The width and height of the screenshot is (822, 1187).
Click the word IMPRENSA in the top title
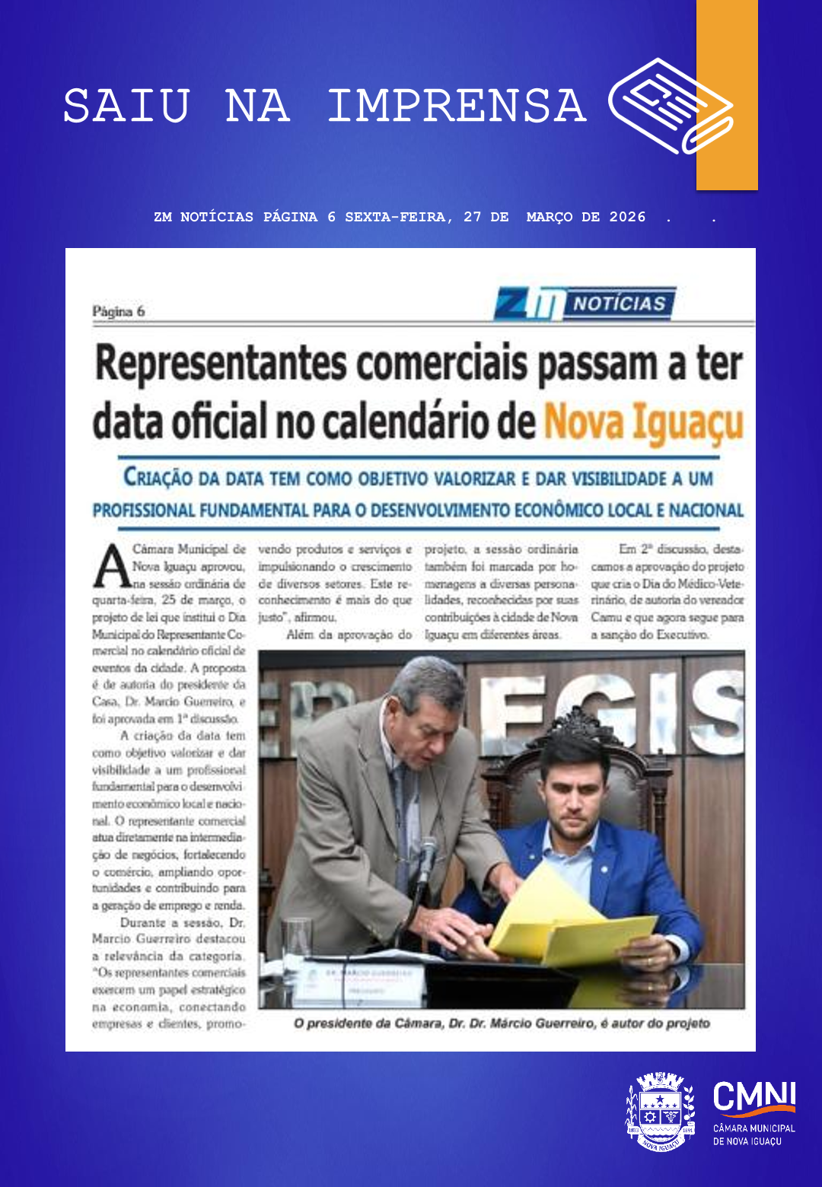[x=457, y=106]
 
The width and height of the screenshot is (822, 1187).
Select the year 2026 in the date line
[x=627, y=217]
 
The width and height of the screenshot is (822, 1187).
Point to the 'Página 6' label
[x=118, y=311]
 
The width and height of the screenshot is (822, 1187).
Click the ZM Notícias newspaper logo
[x=585, y=304]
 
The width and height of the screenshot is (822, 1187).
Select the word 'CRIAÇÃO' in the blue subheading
[x=158, y=479]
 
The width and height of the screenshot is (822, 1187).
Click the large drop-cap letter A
[x=111, y=567]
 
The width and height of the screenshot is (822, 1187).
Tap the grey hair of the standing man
[x=430, y=681]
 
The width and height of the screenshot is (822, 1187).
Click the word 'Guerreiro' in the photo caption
[x=564, y=1023]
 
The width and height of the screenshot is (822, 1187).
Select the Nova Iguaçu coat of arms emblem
[x=660, y=1111]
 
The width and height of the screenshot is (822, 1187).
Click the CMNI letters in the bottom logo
[x=753, y=1096]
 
